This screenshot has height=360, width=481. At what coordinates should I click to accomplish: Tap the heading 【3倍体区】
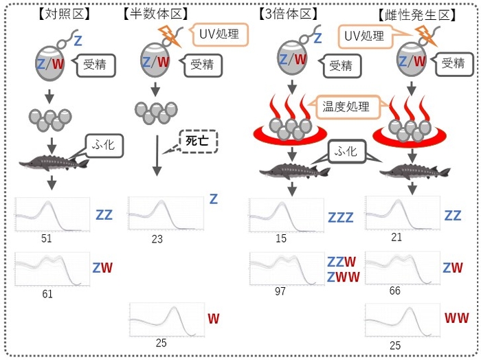(x=287, y=13)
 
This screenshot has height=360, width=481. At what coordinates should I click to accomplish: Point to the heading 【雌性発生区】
(x=417, y=14)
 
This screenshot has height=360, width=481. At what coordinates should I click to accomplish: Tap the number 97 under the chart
(x=280, y=291)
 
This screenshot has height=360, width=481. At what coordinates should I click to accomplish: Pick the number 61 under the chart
(x=47, y=294)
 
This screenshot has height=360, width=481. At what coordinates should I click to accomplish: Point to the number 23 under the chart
(x=157, y=239)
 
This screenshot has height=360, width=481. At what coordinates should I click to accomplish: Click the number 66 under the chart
(x=394, y=291)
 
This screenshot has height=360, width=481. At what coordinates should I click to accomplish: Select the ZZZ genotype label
(x=340, y=218)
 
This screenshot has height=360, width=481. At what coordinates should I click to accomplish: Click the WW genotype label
(x=456, y=318)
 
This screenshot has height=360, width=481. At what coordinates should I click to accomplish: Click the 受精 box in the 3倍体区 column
(x=340, y=66)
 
